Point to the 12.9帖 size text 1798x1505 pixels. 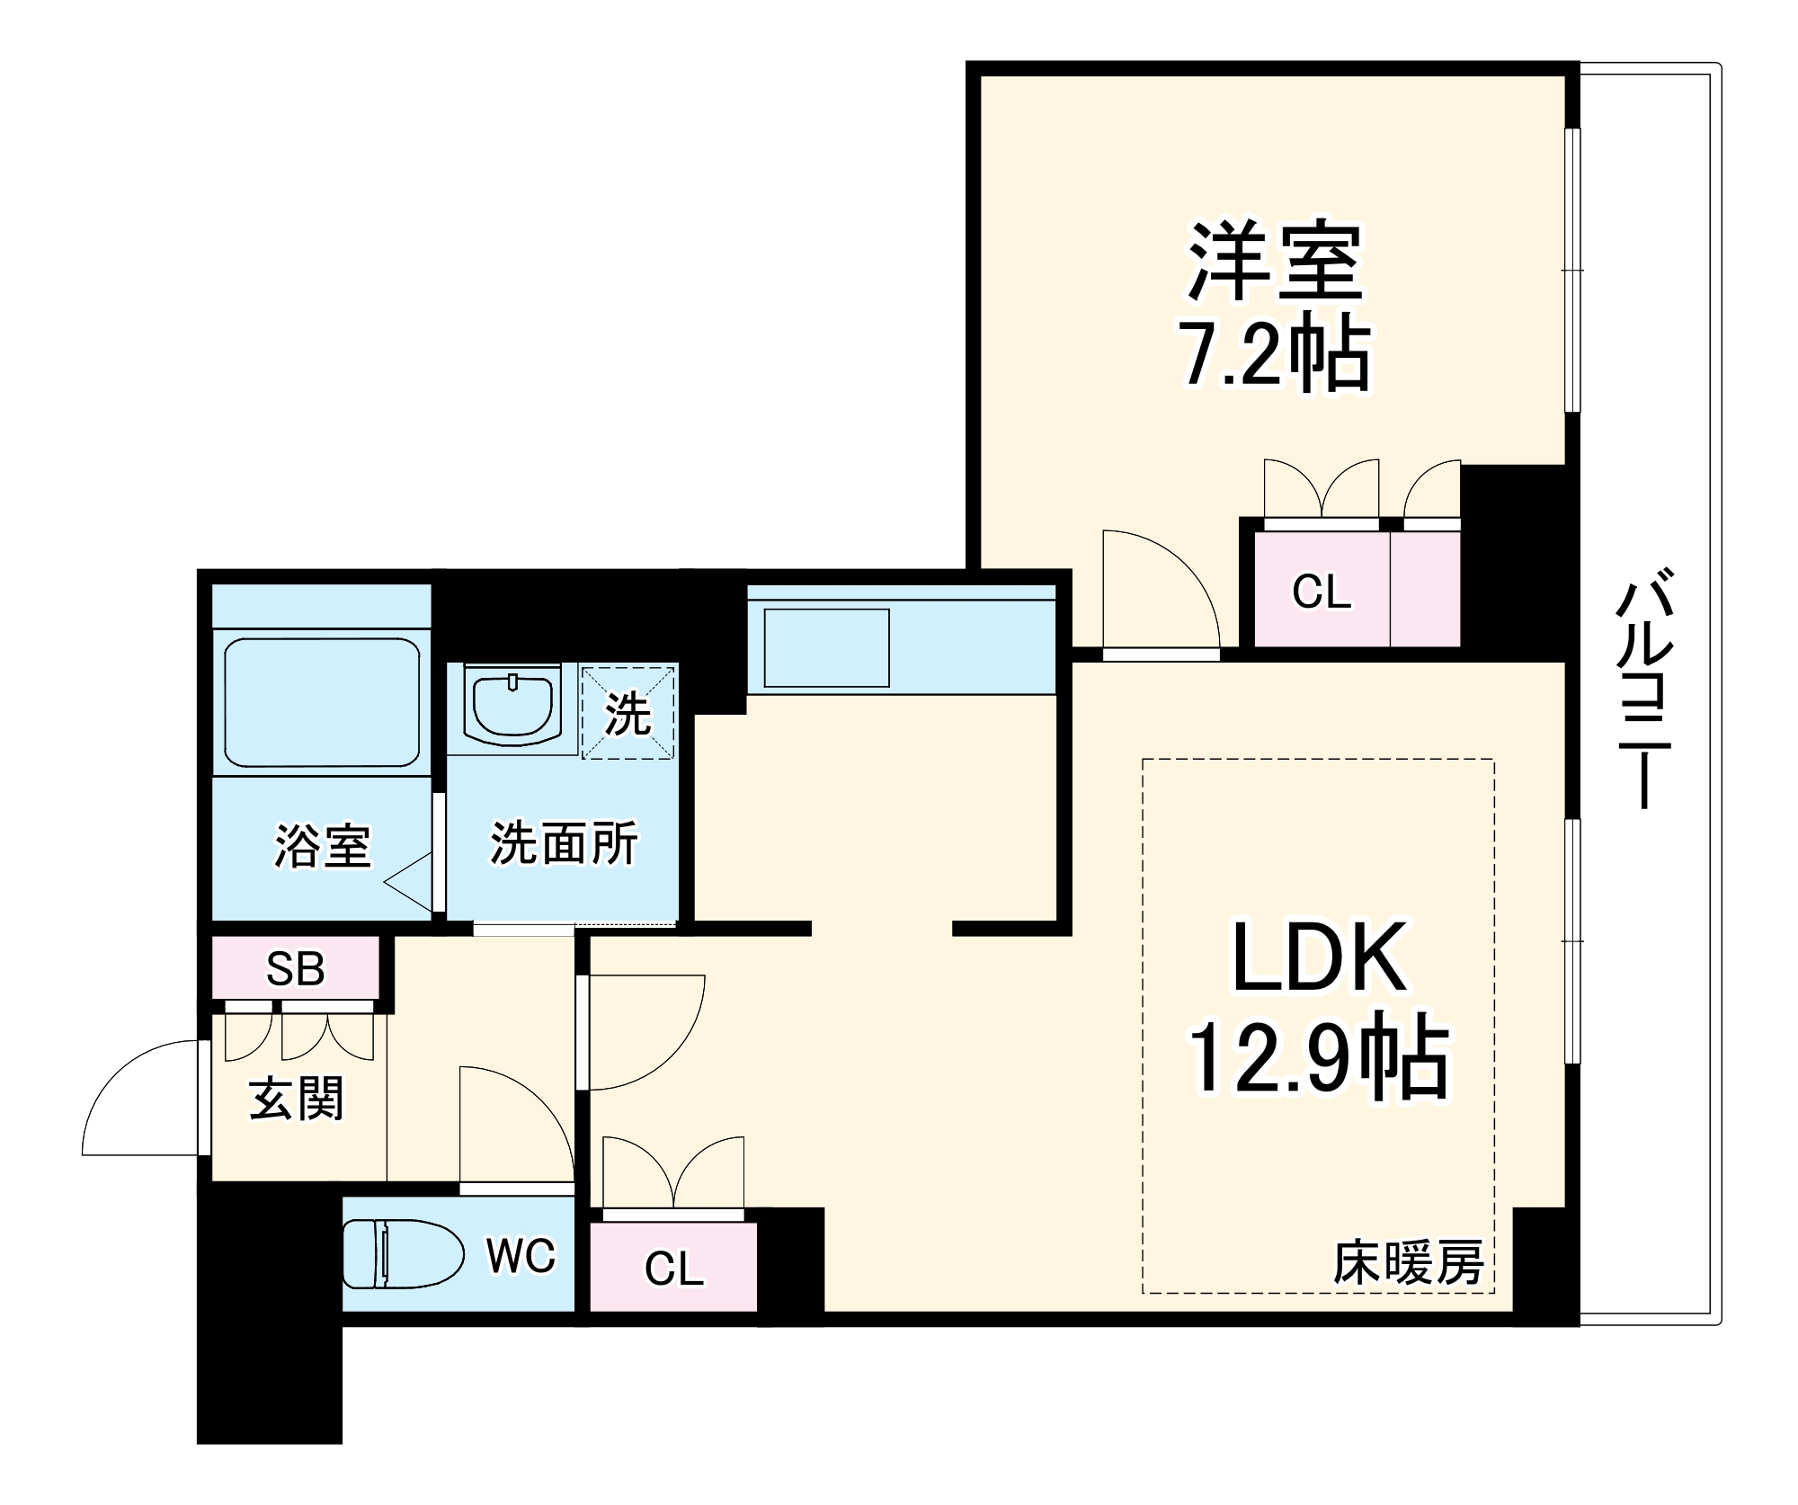(x=1318, y=1059)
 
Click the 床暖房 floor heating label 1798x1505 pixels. (x=1408, y=1263)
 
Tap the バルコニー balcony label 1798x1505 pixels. (x=1644, y=688)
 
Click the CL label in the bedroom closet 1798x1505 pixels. (x=1321, y=592)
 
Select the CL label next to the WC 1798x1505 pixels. (x=673, y=1269)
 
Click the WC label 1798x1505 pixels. (x=521, y=1255)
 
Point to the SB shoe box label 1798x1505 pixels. (x=295, y=968)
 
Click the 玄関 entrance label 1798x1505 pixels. (x=296, y=1099)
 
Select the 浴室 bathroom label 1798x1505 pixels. (x=322, y=845)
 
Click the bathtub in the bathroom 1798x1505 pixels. (x=322, y=701)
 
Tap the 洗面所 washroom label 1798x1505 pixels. (x=564, y=842)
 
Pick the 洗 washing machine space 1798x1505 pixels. (x=628, y=713)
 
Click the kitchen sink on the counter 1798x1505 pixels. (x=826, y=647)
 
